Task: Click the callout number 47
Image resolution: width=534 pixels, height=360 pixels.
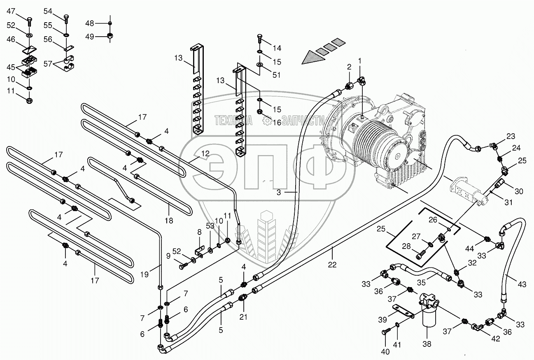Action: pos(10,11)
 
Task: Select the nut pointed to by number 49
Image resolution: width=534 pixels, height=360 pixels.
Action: pos(110,36)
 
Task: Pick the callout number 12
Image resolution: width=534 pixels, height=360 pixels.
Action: pos(205,154)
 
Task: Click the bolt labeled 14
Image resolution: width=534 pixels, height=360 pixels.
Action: pos(260,38)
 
